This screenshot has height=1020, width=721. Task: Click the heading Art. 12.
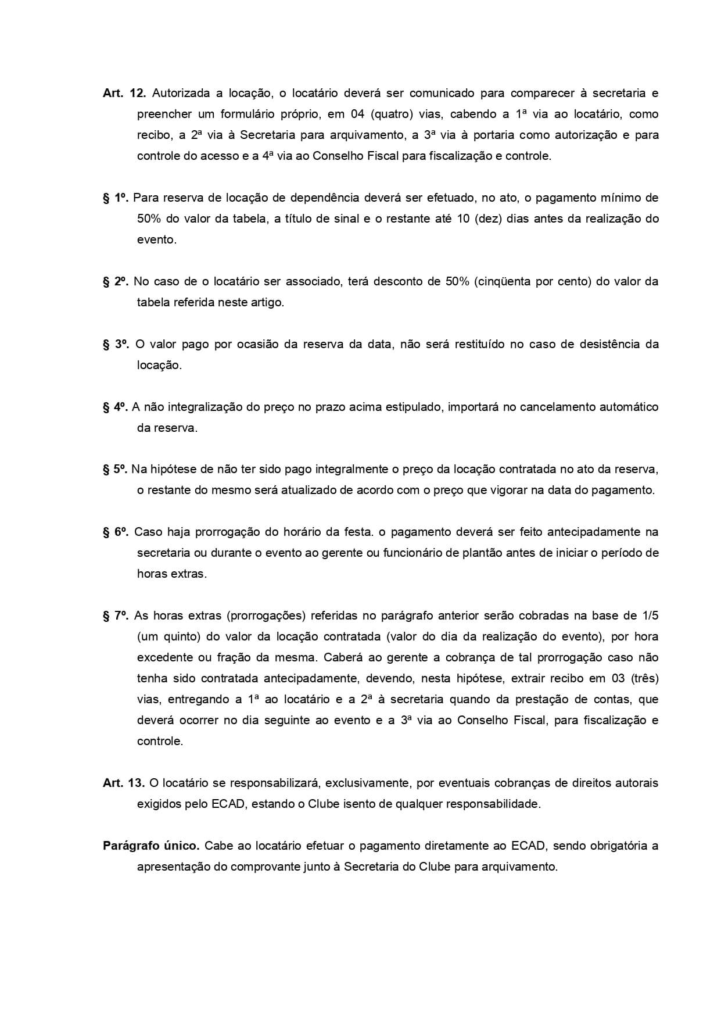(124, 93)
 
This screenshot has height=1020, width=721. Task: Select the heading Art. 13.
(124, 783)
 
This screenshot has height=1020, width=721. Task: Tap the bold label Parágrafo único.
(151, 846)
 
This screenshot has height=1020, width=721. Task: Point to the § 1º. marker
(116, 198)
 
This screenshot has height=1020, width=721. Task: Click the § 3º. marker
(116, 344)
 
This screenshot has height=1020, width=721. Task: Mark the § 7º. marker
(116, 615)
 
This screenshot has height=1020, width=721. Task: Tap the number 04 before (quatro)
(358, 114)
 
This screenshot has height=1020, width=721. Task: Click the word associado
(308, 281)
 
